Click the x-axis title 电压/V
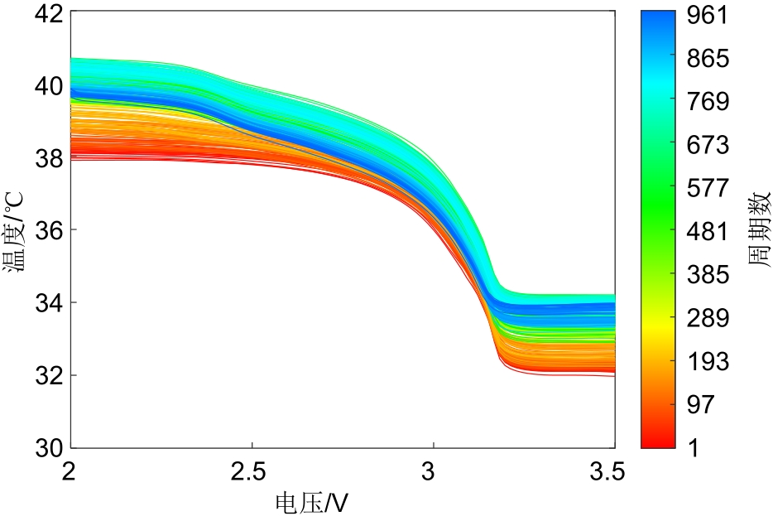(311, 502)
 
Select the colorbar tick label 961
(707, 16)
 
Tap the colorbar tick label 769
(707, 102)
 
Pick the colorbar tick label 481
(707, 231)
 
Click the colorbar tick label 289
(707, 318)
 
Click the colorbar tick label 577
(707, 188)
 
